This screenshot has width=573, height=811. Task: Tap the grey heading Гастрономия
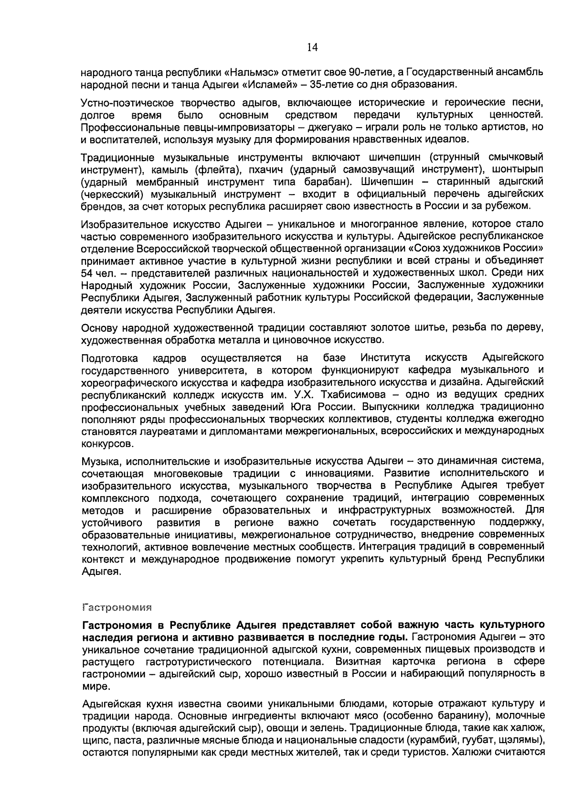[117, 608]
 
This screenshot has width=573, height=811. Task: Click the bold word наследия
[104, 638]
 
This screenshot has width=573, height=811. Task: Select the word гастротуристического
[197, 662]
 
